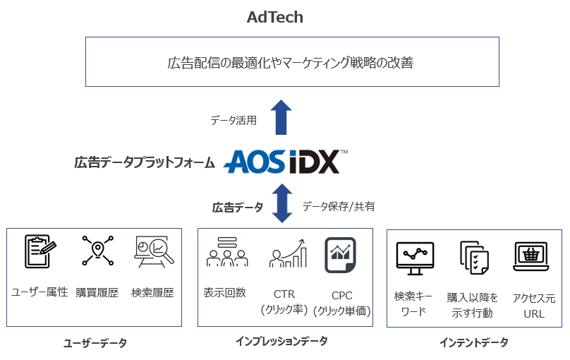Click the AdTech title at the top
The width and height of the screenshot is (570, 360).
click(x=275, y=17)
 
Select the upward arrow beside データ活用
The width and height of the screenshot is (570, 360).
click(x=281, y=117)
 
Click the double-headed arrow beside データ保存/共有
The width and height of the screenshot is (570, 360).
click(x=281, y=203)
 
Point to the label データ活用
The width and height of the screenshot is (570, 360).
click(x=234, y=121)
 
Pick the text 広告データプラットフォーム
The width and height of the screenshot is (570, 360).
click(x=145, y=163)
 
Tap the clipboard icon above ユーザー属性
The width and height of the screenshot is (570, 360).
click(x=40, y=251)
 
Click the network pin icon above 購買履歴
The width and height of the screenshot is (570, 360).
click(x=96, y=251)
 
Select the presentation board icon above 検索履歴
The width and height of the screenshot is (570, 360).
click(x=151, y=251)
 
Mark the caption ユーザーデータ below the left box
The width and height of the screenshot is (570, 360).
click(x=95, y=343)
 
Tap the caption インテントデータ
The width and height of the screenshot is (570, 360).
click(x=473, y=343)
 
